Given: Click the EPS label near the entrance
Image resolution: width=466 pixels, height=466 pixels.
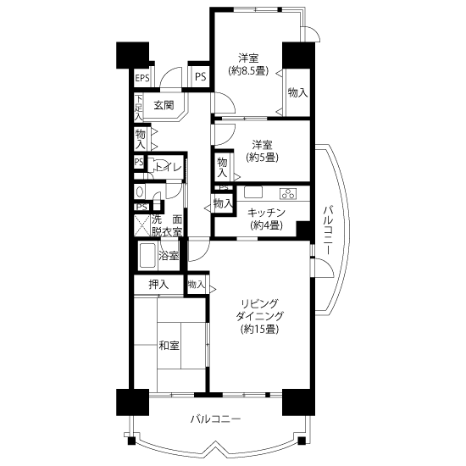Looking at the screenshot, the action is [x=142, y=78].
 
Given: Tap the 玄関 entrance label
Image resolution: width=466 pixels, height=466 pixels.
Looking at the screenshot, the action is [x=164, y=105].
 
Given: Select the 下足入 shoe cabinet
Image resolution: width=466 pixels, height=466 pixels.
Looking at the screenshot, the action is [x=138, y=108].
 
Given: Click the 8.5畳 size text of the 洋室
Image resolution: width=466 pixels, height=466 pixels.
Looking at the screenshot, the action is [x=248, y=71].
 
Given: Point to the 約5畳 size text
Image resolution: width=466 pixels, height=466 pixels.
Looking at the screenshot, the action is [x=262, y=158].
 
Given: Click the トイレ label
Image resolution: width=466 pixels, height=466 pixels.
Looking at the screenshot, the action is [x=169, y=167].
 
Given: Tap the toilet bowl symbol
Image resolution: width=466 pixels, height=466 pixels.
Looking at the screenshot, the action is [x=152, y=165].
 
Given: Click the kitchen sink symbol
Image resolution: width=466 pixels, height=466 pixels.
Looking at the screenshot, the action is [x=253, y=192].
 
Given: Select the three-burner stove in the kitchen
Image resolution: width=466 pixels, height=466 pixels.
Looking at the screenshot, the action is [x=288, y=193].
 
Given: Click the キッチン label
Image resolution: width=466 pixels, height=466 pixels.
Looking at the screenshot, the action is [x=266, y=213].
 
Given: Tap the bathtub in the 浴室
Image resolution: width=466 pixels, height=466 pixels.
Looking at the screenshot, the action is [x=147, y=256].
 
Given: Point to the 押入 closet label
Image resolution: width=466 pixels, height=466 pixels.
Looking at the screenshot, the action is [x=158, y=285].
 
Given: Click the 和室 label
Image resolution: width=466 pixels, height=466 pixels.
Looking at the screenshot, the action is [x=169, y=346].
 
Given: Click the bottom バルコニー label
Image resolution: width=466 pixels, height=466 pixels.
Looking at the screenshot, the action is [x=215, y=419].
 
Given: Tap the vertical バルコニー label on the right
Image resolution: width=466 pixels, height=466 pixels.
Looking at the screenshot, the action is [x=328, y=230].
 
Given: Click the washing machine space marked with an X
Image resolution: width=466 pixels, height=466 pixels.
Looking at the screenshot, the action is [x=142, y=225].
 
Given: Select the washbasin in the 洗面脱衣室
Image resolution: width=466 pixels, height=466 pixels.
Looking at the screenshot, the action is [x=140, y=191].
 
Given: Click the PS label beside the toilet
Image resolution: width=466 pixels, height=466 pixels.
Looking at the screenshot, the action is [x=139, y=162].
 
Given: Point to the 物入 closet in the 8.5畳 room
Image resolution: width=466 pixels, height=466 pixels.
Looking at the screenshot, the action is [x=297, y=93].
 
